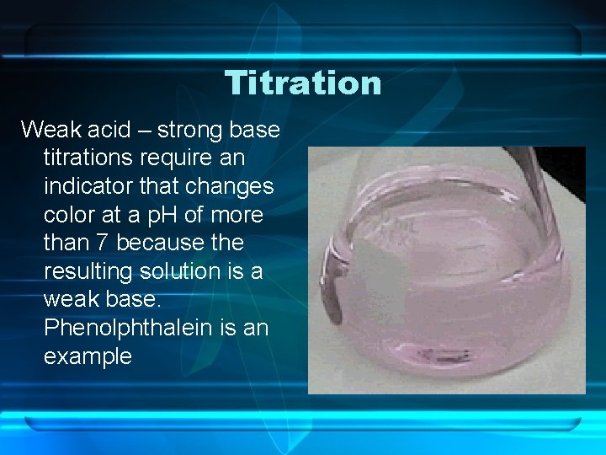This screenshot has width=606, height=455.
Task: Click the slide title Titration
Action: click(303, 83)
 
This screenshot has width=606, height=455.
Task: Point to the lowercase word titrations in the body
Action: click(91, 158)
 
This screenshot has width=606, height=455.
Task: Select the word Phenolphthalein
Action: click(134, 328)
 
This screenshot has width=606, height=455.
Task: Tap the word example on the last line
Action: click(88, 356)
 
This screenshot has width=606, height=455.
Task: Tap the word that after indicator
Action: click(157, 186)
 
